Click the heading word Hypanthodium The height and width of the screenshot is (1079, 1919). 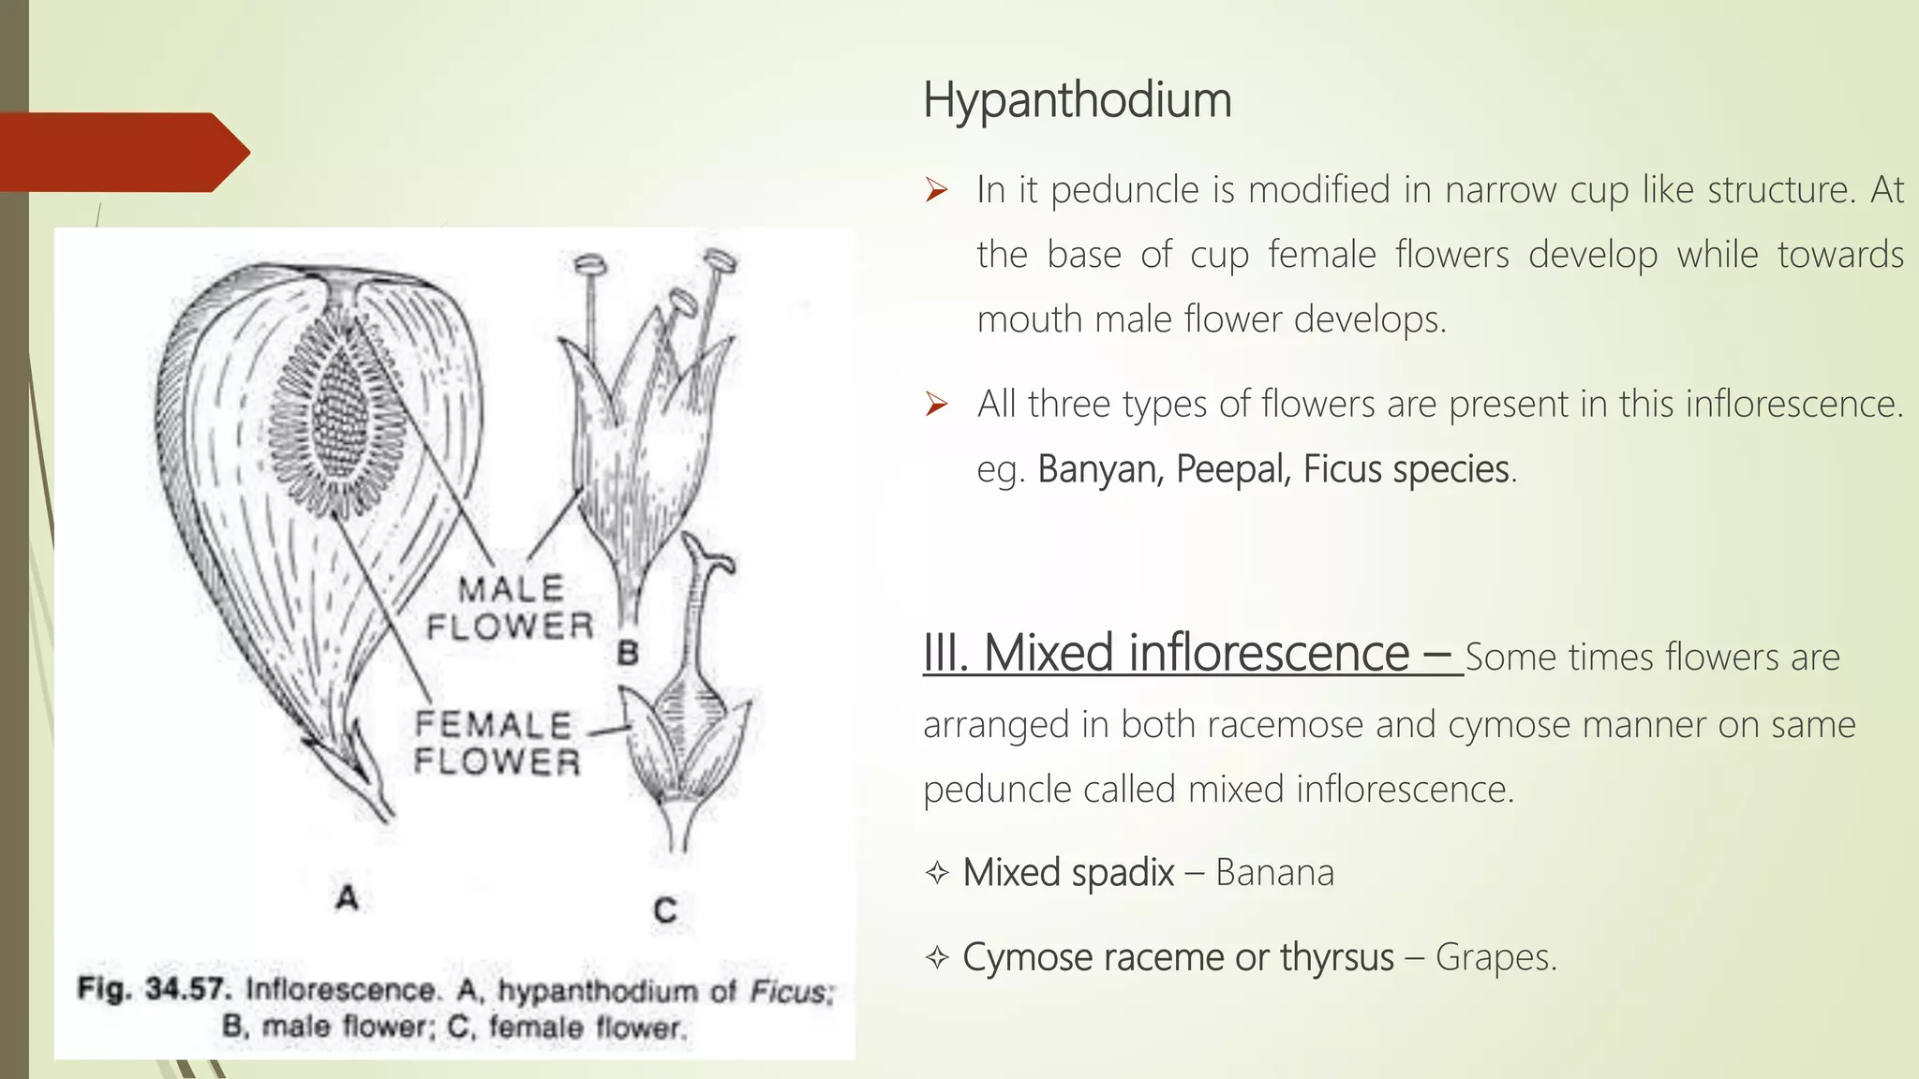(x=1077, y=100)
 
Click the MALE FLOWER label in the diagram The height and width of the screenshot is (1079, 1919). (x=511, y=608)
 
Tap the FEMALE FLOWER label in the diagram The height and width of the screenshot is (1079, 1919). (x=497, y=743)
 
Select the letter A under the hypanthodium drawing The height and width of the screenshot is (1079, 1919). (x=348, y=897)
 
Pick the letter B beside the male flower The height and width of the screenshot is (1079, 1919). (x=628, y=653)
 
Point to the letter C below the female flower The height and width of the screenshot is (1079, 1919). (x=665, y=910)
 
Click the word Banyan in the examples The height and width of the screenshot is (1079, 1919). (x=1099, y=469)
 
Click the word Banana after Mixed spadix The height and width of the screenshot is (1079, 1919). (x=1274, y=873)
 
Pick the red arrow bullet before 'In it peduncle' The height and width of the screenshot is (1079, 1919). (x=936, y=191)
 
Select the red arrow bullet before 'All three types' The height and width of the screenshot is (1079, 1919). (x=936, y=405)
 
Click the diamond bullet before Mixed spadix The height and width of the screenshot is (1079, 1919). (x=936, y=874)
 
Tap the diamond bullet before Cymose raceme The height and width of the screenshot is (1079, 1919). (x=936, y=958)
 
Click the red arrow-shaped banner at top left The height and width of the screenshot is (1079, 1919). (x=122, y=152)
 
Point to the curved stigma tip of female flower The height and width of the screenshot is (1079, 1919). (x=721, y=563)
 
